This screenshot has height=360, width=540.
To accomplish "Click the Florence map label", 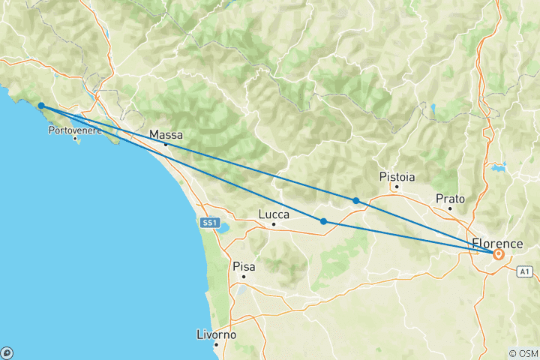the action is pyautogui.click(x=497, y=244).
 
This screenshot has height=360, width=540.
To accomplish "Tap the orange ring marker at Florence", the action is pyautogui.click(x=498, y=255).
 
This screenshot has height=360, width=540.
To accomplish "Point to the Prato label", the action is pyautogui.click(x=450, y=199).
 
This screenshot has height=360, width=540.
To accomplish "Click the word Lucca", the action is pyautogui.click(x=274, y=214).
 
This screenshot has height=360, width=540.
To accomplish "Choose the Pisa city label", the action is pyautogui.click(x=244, y=265).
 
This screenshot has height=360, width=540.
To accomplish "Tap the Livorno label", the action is pyautogui.click(x=217, y=334).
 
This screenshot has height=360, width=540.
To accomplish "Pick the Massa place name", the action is pyautogui.click(x=166, y=135).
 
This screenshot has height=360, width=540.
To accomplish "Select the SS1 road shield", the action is pyautogui.click(x=209, y=223).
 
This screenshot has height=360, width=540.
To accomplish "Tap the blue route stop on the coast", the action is pyautogui.click(x=41, y=106).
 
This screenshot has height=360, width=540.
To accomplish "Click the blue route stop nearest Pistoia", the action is pyautogui.click(x=355, y=200).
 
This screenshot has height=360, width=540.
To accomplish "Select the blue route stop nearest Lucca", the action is pyautogui.click(x=323, y=221).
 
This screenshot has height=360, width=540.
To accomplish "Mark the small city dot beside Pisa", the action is pyautogui.click(x=243, y=277).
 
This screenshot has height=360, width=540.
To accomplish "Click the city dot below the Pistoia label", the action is pyautogui.click(x=397, y=187).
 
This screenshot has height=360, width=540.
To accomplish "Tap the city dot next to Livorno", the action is pyautogui.click(x=216, y=345).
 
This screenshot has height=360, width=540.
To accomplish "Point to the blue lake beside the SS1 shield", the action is pyautogui.click(x=224, y=227).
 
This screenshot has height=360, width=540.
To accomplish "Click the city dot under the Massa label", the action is pyautogui.click(x=166, y=144).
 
